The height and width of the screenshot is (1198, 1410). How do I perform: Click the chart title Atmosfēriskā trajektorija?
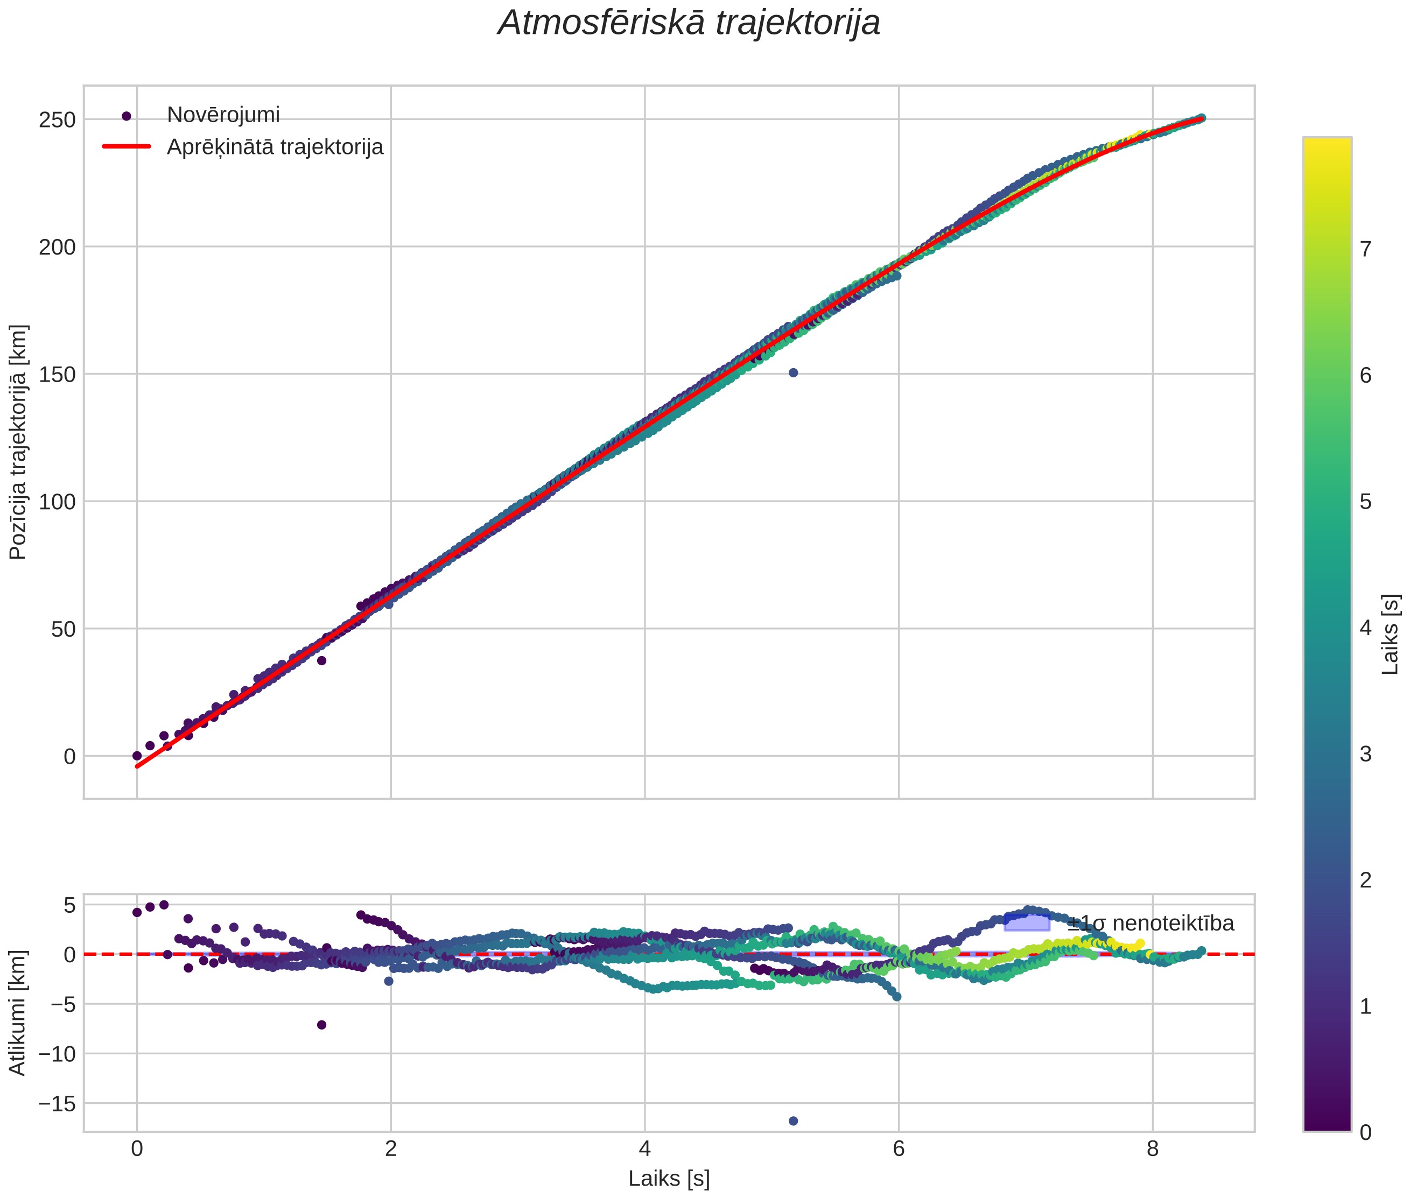pyautogui.click(x=689, y=23)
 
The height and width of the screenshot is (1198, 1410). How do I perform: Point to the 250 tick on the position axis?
pyautogui.click(x=57, y=119)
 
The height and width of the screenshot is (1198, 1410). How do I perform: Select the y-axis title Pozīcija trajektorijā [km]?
pyautogui.click(x=18, y=442)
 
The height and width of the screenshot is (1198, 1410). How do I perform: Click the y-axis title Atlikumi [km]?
pyautogui.click(x=18, y=1013)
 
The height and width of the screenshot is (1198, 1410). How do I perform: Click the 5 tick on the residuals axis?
pyautogui.click(x=69, y=905)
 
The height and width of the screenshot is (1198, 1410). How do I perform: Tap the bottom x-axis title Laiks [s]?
pyautogui.click(x=669, y=1178)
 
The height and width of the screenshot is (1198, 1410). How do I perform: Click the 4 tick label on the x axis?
pyautogui.click(x=644, y=1149)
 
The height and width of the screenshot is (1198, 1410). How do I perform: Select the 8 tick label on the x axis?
pyautogui.click(x=1153, y=1149)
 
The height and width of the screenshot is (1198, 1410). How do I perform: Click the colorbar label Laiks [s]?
pyautogui.click(x=1390, y=635)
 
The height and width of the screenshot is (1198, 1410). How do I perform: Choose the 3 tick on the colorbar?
pyautogui.click(x=1366, y=754)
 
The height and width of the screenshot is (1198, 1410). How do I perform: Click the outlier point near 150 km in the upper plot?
pyautogui.click(x=794, y=373)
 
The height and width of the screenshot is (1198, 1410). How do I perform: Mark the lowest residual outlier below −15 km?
pyautogui.click(x=794, y=1121)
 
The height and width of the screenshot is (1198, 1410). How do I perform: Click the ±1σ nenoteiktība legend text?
pyautogui.click(x=1151, y=924)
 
